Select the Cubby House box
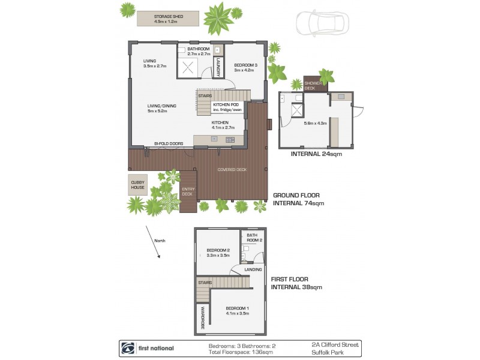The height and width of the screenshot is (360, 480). [138, 186]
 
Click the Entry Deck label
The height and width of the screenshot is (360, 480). [188, 191]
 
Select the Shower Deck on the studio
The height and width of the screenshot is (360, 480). [310, 85]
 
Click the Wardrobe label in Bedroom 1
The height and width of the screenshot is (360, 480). [202, 318]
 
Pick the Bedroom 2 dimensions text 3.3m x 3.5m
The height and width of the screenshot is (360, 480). [218, 256]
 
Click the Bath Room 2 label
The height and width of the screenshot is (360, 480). [255, 238]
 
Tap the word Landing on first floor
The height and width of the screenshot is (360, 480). [253, 270]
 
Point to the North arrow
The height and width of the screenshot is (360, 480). [153, 242]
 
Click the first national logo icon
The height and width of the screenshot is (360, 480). [128, 347]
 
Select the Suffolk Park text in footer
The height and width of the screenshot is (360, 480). [326, 352]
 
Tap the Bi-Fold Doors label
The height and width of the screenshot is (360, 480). [168, 144]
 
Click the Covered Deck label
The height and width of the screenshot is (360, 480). [233, 170]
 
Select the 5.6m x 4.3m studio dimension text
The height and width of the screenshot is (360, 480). [314, 124]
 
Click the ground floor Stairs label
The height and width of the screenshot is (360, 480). [205, 94]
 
